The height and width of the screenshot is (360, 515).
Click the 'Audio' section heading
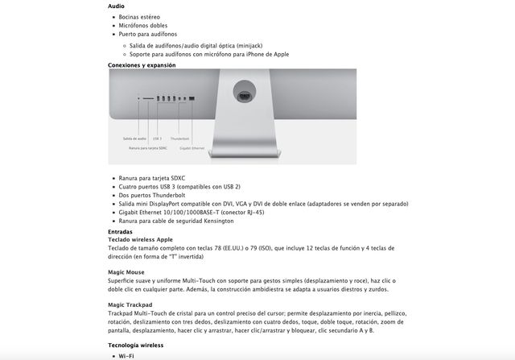coord(116,6)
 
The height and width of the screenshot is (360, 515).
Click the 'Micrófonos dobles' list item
coord(142,26)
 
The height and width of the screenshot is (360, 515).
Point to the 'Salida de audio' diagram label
coord(134,139)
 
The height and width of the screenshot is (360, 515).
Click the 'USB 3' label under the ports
coord(157,139)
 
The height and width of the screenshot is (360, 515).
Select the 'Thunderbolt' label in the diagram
coord(179,139)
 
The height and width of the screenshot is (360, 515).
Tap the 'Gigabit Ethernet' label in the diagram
coord(192,148)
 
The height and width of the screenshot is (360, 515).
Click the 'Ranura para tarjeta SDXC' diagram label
coord(148,148)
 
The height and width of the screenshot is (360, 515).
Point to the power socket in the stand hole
coord(244,95)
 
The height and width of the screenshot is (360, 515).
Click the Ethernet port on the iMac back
coord(191,98)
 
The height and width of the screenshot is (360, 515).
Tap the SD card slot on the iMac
coord(148,98)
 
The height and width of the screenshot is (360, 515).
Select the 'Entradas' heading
coord(121,231)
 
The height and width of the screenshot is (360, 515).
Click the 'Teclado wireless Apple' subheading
coord(140,239)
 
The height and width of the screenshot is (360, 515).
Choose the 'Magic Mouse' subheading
coord(126,272)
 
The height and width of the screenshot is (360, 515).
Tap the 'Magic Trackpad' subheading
coord(130,304)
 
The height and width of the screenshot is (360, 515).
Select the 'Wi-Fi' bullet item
coord(126,355)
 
